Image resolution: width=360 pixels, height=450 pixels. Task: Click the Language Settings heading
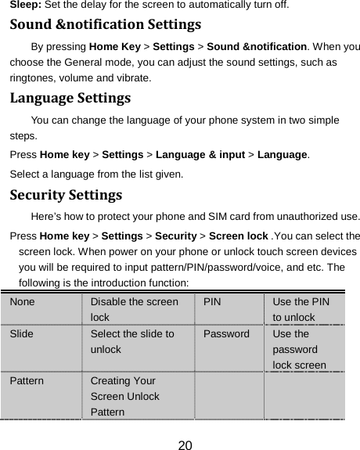70,99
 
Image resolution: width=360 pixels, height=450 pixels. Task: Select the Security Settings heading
65,193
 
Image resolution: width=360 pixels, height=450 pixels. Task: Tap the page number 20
185,445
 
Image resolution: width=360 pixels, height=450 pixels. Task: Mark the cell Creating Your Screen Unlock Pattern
126,395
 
